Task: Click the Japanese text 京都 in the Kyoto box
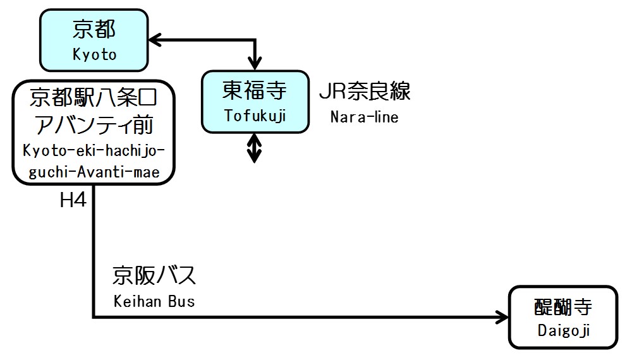point(95,30)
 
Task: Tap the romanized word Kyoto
point(95,54)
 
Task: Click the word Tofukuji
point(255,116)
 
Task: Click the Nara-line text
point(365,117)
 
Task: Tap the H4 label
point(73,201)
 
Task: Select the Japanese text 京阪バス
point(155,276)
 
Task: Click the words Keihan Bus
point(154,301)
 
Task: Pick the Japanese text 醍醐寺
point(562,308)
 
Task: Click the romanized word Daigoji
point(563,330)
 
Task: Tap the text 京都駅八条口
point(93,99)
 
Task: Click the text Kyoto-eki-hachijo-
point(94,152)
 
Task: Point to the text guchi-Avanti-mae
point(94,172)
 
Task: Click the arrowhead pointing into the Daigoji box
point(502,317)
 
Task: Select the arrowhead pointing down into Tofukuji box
point(255,63)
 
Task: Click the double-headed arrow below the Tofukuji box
point(254,147)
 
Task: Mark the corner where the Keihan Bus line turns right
point(94,317)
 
